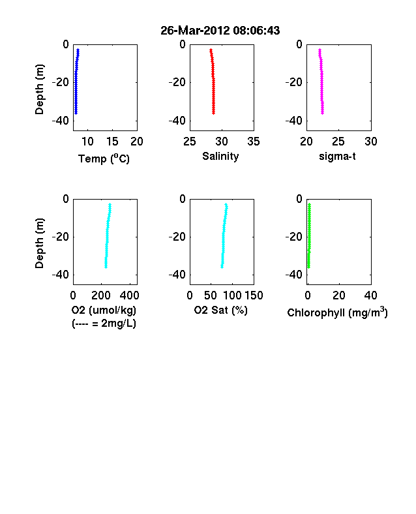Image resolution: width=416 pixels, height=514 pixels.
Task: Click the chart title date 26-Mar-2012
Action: [195, 31]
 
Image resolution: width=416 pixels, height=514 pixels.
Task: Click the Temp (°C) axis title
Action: [104, 159]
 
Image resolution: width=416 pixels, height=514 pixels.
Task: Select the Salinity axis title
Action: [220, 156]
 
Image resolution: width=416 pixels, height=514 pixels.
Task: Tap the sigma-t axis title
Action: [337, 157]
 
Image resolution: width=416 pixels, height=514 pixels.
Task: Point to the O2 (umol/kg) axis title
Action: [104, 310]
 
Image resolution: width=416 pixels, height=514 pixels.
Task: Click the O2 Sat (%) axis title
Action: [221, 310]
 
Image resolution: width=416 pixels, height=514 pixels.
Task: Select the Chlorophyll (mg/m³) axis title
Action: [337, 312]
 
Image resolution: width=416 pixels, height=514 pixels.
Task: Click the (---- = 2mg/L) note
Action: [104, 324]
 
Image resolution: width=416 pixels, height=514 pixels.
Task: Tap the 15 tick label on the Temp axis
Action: [112, 142]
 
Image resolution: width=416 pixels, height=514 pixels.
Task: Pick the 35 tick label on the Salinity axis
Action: [254, 142]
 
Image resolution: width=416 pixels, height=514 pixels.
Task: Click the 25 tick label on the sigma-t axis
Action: [338, 142]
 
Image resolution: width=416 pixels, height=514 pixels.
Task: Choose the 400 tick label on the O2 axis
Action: [129, 295]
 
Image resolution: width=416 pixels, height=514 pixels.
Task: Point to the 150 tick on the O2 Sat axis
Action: [254, 295]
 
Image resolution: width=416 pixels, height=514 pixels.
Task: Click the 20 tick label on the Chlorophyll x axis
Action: [339, 295]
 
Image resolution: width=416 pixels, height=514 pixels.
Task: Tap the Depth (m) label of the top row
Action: [39, 89]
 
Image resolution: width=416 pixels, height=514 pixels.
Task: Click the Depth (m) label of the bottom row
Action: [39, 243]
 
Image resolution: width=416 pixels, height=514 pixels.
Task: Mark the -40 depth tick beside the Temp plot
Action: [61, 121]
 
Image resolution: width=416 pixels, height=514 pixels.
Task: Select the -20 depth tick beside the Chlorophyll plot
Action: [294, 236]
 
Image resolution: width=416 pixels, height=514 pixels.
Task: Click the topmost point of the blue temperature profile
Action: [78, 50]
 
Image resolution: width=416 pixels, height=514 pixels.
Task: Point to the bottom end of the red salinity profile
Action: [214, 113]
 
